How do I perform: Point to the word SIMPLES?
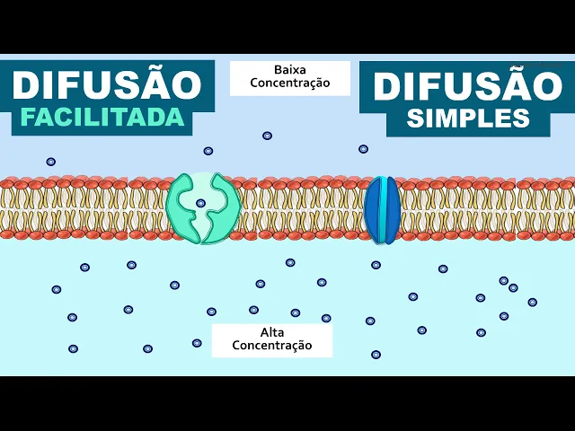pyautogui.click(x=467, y=118)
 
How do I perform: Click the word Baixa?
pyautogui.click(x=289, y=69)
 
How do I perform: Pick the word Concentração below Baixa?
pyautogui.click(x=289, y=84)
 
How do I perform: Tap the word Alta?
pyautogui.click(x=271, y=331)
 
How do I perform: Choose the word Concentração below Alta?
pyautogui.click(x=271, y=345)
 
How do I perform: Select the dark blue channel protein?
pyautogui.click(x=382, y=210)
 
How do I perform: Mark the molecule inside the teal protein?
pyautogui.click(x=200, y=203)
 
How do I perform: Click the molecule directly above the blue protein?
pyautogui.click(x=363, y=149)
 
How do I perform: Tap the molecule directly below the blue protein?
pyautogui.click(x=376, y=265)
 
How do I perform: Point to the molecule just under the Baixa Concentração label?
pyautogui.click(x=267, y=136)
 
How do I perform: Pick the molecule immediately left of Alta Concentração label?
pyautogui.click(x=197, y=343)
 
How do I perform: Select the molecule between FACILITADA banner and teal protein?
pyautogui.click(x=208, y=151)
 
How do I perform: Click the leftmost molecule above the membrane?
pyautogui.click(x=51, y=162)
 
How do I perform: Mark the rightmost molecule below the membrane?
pyautogui.click(x=532, y=302)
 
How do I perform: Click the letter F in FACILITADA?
pyautogui.click(x=28, y=117)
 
